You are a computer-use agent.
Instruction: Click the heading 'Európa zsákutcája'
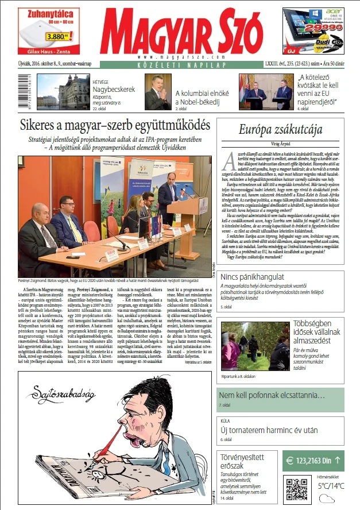[x=280, y=129]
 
